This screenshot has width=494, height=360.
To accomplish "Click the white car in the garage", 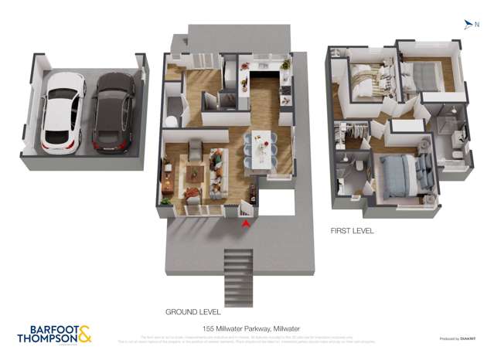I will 63,112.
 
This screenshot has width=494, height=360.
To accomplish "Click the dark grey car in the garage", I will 113,112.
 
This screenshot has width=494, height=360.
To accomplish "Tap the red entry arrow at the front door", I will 246,223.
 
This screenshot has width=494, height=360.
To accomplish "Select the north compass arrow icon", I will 468,25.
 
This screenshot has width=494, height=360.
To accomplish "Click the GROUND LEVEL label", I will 192,312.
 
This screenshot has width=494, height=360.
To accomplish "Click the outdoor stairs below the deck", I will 234,278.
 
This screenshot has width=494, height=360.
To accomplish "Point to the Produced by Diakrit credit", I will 456,338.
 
